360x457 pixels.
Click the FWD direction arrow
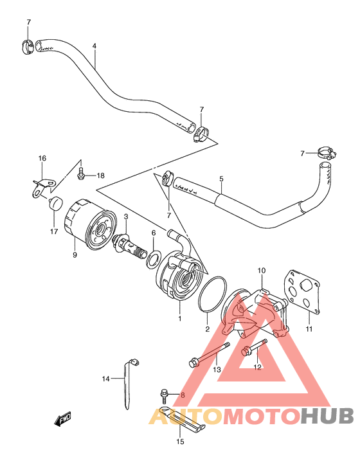pos(62,419)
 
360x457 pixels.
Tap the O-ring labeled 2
pos(213,294)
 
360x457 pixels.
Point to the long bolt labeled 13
pos(209,355)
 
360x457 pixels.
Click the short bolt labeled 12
pos(254,347)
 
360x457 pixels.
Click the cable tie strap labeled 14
pos(128,382)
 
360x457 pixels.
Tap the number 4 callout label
pos(94,46)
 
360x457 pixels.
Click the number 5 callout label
pos(222,179)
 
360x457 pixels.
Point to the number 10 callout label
pos(262,271)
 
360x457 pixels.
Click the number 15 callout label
pos(181,442)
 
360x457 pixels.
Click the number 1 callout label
pos(180,318)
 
